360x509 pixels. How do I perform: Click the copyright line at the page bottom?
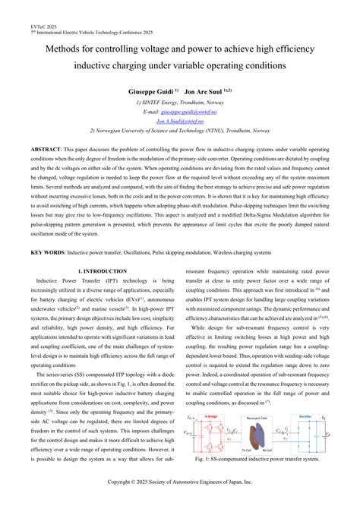180,482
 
